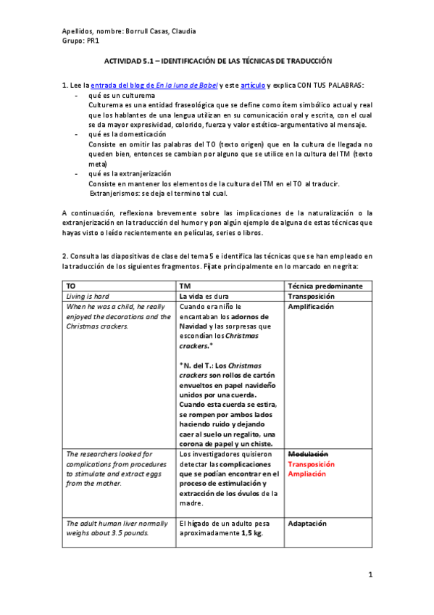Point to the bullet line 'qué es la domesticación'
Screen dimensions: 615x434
click(127, 135)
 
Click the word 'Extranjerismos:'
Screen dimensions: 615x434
click(114, 194)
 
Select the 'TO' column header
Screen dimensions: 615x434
click(70, 286)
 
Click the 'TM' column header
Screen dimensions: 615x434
click(185, 286)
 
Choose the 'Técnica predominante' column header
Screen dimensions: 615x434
click(325, 286)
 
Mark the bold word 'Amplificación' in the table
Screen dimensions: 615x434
click(311, 307)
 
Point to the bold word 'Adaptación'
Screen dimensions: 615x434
click(307, 523)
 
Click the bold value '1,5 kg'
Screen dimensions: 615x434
click(251, 533)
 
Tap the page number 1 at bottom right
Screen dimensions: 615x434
click(370, 575)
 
